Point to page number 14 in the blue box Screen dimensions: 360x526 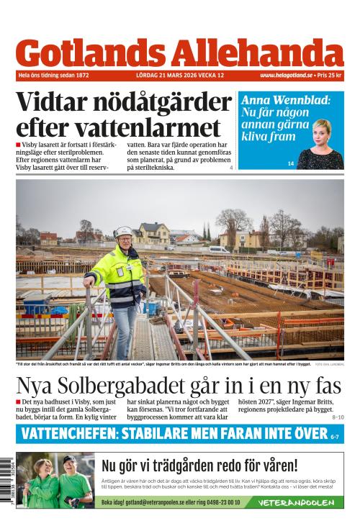point(291,164)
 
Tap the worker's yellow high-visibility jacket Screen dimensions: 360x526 point(123,276)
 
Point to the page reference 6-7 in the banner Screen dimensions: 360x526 point(334,435)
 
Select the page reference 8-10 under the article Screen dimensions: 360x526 point(337,417)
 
